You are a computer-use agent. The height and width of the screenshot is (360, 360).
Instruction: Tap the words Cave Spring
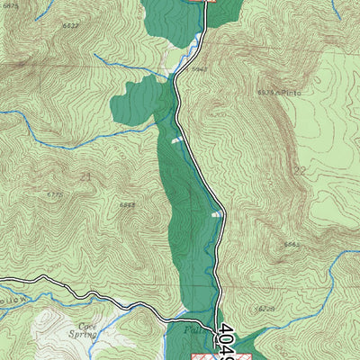(87, 330)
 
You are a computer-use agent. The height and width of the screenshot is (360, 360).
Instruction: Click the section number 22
(300, 171)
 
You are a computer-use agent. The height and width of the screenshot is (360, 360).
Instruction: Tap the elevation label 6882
(128, 205)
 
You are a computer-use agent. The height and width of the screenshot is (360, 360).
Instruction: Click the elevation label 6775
(54, 193)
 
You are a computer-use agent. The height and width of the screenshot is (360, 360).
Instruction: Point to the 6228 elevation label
(264, 309)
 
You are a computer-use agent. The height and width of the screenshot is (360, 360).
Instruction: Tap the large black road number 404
(228, 342)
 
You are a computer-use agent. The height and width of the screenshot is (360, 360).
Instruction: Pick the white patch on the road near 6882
(216, 214)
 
